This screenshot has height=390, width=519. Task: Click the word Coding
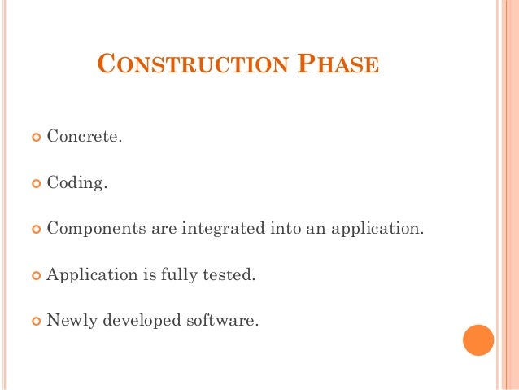click(x=77, y=182)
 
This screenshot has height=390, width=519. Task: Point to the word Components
click(x=95, y=229)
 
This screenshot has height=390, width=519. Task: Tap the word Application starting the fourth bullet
click(x=92, y=275)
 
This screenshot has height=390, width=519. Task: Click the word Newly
click(x=72, y=320)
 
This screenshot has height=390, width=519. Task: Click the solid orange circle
click(x=478, y=340)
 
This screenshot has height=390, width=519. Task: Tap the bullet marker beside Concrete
click(x=34, y=137)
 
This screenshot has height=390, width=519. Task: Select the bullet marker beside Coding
click(x=34, y=183)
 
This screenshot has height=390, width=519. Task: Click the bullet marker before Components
click(x=34, y=230)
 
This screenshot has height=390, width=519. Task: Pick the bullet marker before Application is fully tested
click(x=34, y=276)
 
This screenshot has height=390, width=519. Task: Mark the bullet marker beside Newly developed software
click(x=34, y=322)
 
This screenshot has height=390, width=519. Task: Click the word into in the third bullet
click(x=285, y=228)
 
